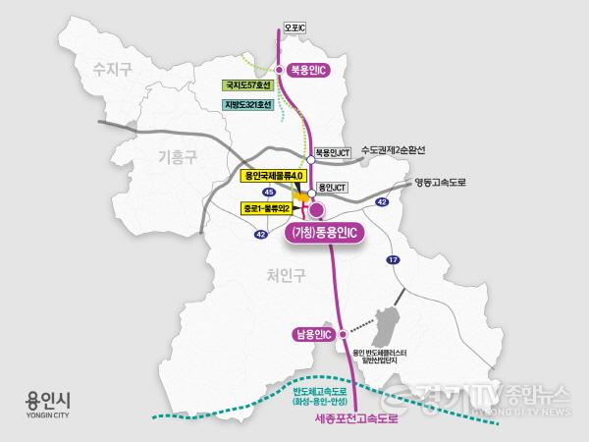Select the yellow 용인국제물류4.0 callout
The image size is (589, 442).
coord(275,175)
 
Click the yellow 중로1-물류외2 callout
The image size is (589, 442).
coord(270,208)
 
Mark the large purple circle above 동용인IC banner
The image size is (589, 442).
coord(316,209)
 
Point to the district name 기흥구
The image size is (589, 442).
coord(180,154)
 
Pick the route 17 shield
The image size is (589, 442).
coord(393,259)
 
